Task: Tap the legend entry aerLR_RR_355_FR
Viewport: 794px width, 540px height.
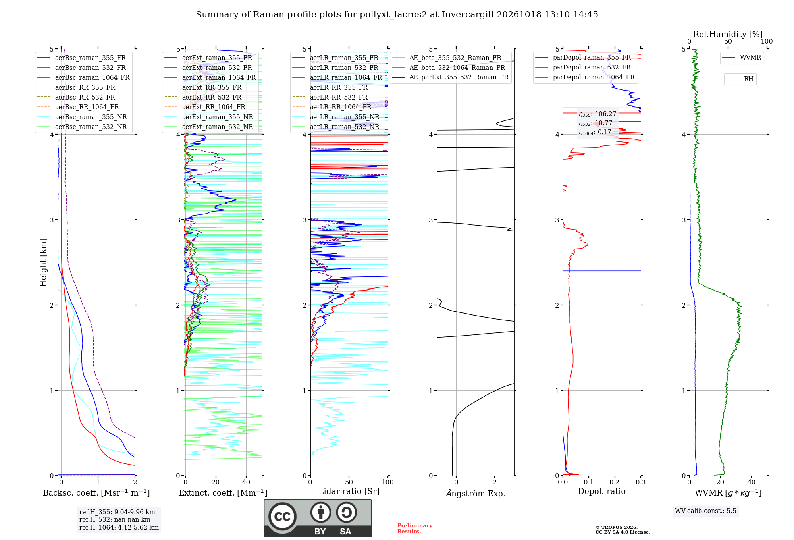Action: (x=330, y=87)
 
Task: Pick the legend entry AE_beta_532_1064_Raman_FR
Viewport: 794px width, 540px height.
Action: (x=449, y=67)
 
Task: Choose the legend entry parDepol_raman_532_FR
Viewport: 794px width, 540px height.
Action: (x=583, y=67)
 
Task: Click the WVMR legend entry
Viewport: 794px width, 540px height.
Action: (x=742, y=58)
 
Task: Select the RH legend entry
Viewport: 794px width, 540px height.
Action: (x=740, y=79)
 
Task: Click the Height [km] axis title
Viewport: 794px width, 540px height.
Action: (x=43, y=262)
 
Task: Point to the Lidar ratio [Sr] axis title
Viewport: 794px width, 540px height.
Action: (x=349, y=491)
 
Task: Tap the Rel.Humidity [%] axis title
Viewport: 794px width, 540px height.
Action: (x=728, y=34)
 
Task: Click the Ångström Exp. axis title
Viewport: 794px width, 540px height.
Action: (x=476, y=493)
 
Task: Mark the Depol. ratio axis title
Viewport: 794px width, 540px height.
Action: (x=602, y=491)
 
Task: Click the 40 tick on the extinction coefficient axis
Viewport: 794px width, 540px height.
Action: (x=246, y=482)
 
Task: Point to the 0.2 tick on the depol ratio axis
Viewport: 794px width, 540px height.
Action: (x=615, y=482)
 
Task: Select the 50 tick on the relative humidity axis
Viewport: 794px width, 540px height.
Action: (x=728, y=42)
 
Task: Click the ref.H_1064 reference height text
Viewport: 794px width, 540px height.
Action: (x=119, y=527)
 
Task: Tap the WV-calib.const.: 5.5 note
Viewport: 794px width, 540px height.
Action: (x=705, y=511)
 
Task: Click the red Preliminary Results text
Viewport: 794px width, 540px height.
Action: (x=415, y=528)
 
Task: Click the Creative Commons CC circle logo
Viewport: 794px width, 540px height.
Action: (x=282, y=516)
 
